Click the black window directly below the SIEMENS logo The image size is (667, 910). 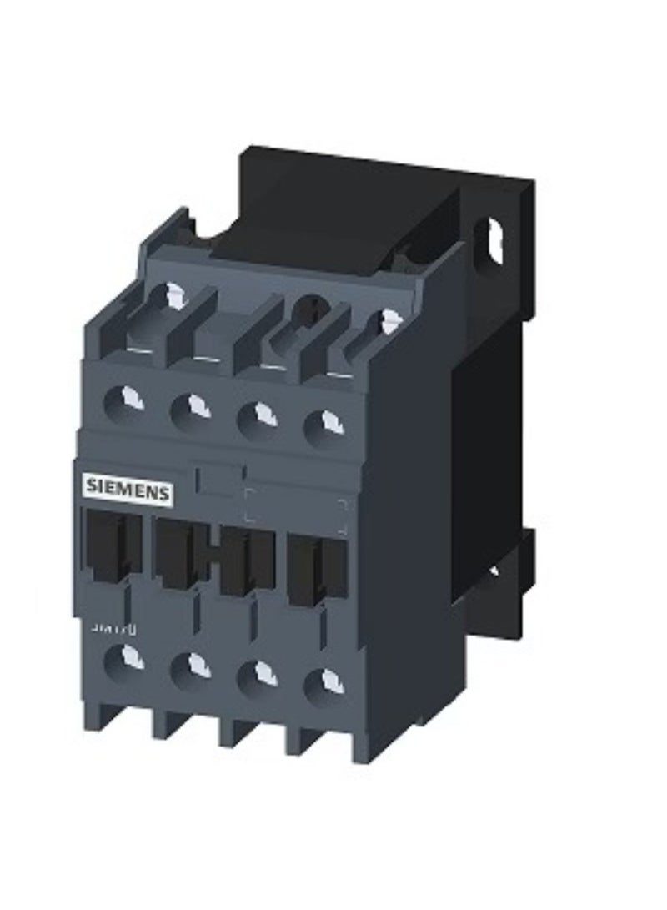[x=112, y=542]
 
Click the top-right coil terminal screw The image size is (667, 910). [x=386, y=320]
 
